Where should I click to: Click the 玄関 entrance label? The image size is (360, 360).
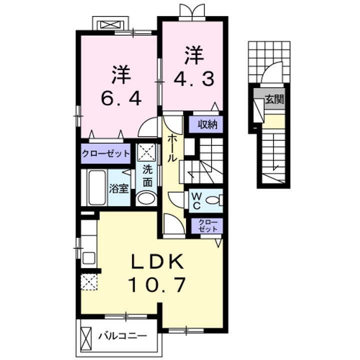(x=274, y=99)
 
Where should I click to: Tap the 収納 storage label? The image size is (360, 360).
(x=207, y=124)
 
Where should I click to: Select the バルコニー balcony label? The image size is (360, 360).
(x=123, y=336)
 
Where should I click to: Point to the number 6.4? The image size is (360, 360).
(x=121, y=98)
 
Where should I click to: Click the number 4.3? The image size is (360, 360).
(x=194, y=79)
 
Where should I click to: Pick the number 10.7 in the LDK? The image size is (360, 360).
(x=157, y=284)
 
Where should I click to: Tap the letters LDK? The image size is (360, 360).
(x=157, y=261)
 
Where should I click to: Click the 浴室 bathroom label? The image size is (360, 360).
(x=118, y=188)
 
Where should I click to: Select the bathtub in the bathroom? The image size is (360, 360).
(x=97, y=187)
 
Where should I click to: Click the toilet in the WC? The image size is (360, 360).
(x=214, y=200)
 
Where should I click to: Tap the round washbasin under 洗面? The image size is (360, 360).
(x=146, y=198)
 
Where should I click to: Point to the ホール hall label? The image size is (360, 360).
(x=172, y=148)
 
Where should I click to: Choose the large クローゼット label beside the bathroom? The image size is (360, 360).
(x=106, y=153)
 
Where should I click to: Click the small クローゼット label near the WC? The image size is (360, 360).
(x=208, y=225)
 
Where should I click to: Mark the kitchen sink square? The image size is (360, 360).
(x=89, y=258)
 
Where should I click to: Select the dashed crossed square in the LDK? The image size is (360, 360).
(x=89, y=282)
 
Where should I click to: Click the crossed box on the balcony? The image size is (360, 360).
(x=86, y=337)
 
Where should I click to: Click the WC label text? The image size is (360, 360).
(x=196, y=200)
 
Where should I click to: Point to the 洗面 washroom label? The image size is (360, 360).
(x=147, y=176)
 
